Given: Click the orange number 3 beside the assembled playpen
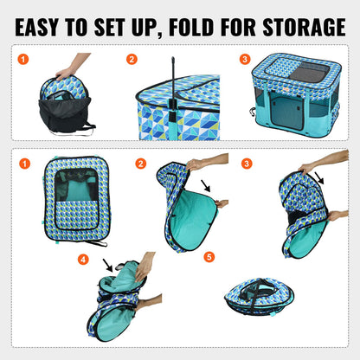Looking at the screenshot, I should pyautogui.click(x=245, y=60).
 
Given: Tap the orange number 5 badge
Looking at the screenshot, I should pyautogui.click(x=209, y=257).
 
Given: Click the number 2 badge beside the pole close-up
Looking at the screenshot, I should pyautogui.click(x=132, y=60).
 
